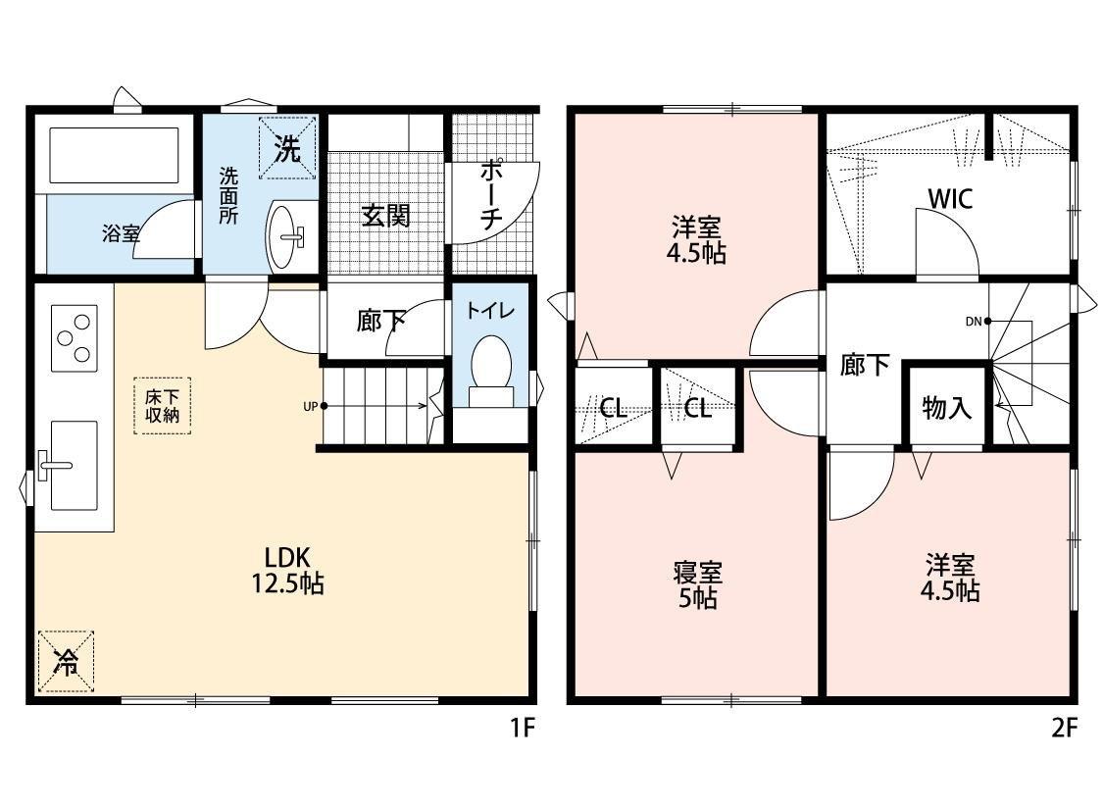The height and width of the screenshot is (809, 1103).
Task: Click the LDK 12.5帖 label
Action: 288,571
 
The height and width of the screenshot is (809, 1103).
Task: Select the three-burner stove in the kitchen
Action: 74,338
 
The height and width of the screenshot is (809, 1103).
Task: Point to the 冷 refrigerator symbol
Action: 66,661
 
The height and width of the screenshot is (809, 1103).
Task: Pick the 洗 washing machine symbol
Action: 286,148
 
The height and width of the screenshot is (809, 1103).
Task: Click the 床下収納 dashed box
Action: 162,406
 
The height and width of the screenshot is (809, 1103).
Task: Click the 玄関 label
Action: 386,216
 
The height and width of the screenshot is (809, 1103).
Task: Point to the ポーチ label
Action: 491,194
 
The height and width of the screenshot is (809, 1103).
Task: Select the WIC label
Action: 950,199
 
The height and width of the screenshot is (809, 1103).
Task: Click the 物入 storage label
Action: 946,407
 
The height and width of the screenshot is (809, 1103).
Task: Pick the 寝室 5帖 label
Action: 697,584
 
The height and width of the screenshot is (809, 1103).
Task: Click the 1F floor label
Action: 523,728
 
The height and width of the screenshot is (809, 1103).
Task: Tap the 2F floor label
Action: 1065,728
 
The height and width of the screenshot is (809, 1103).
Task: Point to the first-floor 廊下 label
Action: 380,322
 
